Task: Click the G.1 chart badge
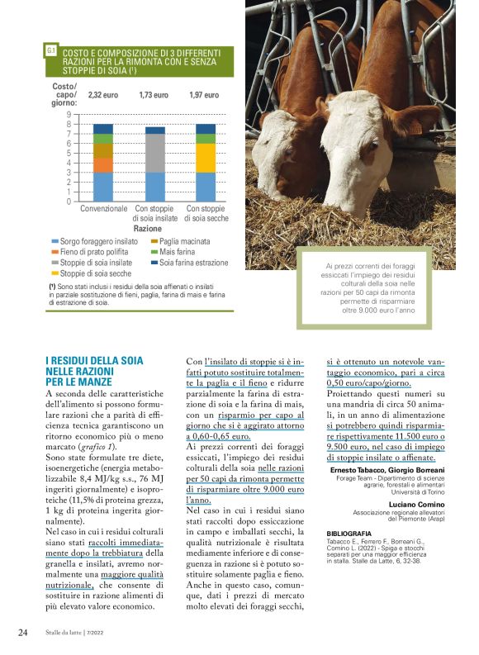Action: click(51, 50)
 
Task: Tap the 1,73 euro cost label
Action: click(154, 96)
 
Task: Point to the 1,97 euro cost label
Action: click(204, 96)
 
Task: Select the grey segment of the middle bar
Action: click(154, 153)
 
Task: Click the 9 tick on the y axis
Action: click(69, 115)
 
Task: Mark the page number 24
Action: click(22, 633)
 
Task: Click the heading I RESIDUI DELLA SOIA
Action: click(94, 361)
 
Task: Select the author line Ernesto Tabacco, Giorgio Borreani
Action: click(382, 470)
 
